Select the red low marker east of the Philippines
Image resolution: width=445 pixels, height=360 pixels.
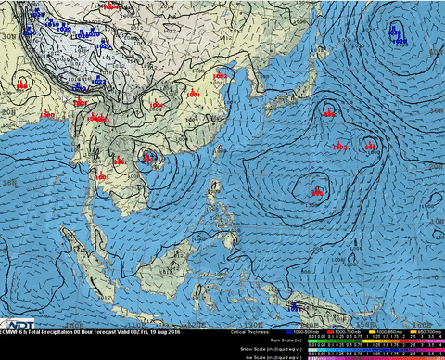(x=316, y=192)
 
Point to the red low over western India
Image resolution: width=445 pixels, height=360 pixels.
(x=22, y=86)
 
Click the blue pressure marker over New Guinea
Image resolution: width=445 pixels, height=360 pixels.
(x=295, y=305)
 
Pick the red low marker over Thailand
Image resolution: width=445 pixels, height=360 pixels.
(x=102, y=174)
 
